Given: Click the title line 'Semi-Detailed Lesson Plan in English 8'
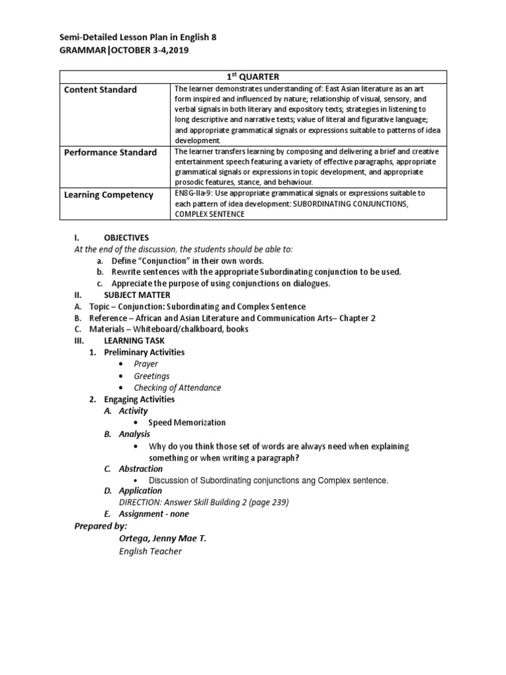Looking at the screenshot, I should tap(138, 38).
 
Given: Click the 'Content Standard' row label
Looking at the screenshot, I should tap(100, 90).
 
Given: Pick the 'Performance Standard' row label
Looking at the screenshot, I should tap(110, 152).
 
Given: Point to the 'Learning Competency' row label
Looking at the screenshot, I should tap(108, 194).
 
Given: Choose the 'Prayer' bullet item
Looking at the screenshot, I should tap(146, 364).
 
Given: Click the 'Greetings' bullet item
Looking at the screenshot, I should tap(152, 376).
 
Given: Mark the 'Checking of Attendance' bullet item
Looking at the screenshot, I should tap(177, 388).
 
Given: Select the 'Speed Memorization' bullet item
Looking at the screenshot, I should tap(186, 423).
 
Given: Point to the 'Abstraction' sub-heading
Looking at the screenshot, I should tap(140, 469).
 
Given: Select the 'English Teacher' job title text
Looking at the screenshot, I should tap(150, 551).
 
